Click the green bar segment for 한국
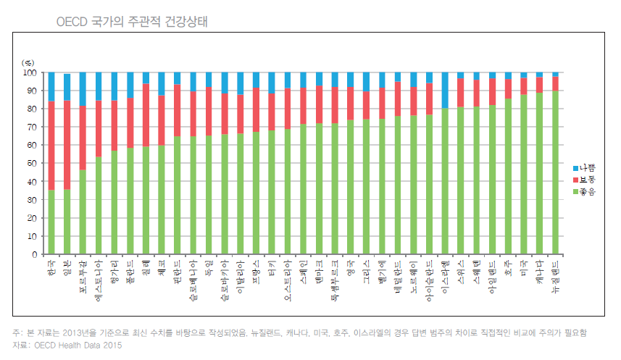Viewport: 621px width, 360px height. [51, 222]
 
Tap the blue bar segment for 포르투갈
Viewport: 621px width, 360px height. [83, 88]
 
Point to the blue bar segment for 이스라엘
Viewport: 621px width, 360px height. [445, 90]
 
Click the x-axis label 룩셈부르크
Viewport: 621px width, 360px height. [334, 279]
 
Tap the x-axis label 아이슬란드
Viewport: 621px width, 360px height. [429, 279]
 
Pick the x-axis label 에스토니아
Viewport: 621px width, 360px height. [98, 279]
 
